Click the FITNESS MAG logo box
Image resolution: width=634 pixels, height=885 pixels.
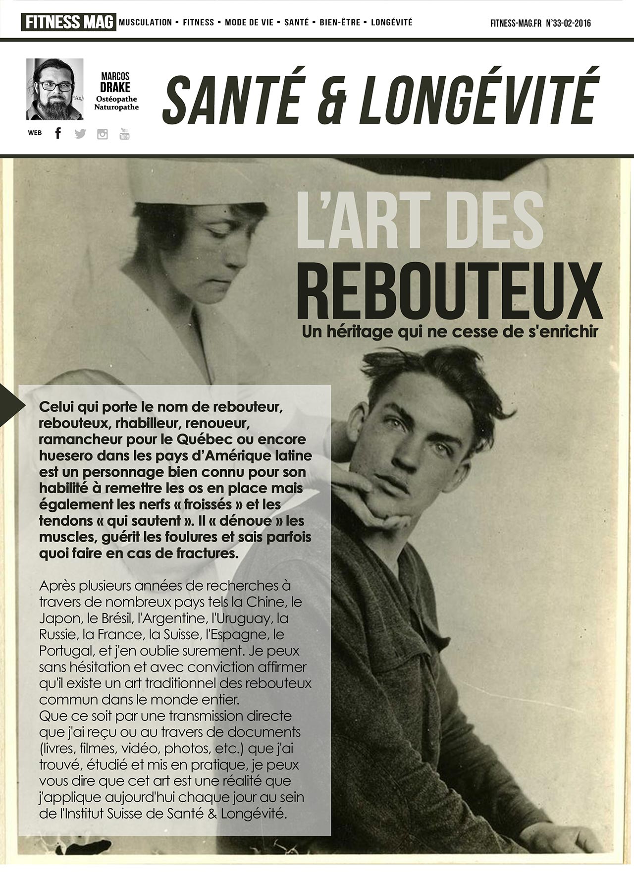tap(68, 22)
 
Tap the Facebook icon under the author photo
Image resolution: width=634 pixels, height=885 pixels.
tap(58, 133)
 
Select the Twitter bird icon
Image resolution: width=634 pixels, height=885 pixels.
tap(80, 133)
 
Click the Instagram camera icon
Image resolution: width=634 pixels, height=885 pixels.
tap(103, 134)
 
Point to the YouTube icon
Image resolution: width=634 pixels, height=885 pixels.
tap(124, 133)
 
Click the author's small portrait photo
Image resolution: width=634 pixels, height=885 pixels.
tap(54, 89)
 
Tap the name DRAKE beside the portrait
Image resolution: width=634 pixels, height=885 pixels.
tap(115, 87)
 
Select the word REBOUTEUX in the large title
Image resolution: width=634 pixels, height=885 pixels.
tap(449, 291)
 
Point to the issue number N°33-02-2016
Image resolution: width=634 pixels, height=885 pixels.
tap(568, 23)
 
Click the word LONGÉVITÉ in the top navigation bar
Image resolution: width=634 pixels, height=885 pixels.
tap(391, 22)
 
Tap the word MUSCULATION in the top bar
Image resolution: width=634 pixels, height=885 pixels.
tap(145, 22)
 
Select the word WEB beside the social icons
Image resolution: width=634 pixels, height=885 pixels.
tap(35, 133)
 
